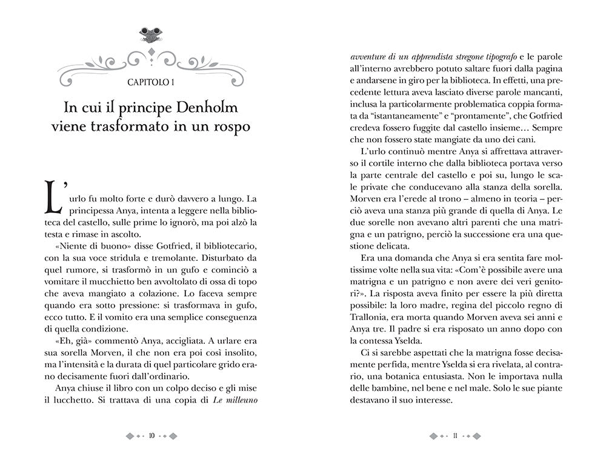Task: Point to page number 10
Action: click(x=151, y=435)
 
